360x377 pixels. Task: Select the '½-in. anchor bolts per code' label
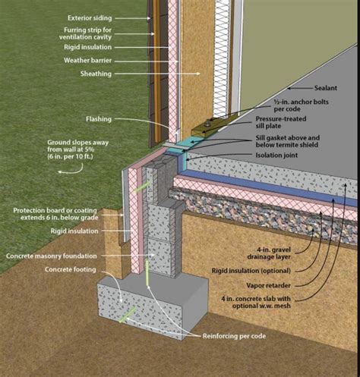pos(298,105)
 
